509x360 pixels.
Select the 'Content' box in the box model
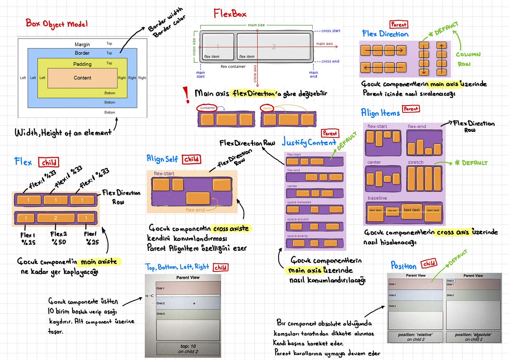pos(82,78)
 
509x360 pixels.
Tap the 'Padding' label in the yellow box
pos(82,64)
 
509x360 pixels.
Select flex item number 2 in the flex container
pos(274,46)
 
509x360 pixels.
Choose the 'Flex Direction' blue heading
pos(385,34)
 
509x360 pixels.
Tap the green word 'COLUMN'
pos(468,55)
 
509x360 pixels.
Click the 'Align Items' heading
pos(380,113)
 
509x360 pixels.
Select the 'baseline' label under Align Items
pos(377,198)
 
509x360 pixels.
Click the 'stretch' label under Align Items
pos(415,162)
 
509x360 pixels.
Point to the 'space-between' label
pos(299,202)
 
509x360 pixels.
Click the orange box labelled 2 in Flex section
pos(56,218)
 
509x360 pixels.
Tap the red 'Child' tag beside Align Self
pos(192,159)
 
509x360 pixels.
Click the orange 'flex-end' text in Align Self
pos(196,209)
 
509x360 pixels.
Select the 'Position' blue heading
pos(403,266)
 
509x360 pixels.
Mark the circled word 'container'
pos(208,108)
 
